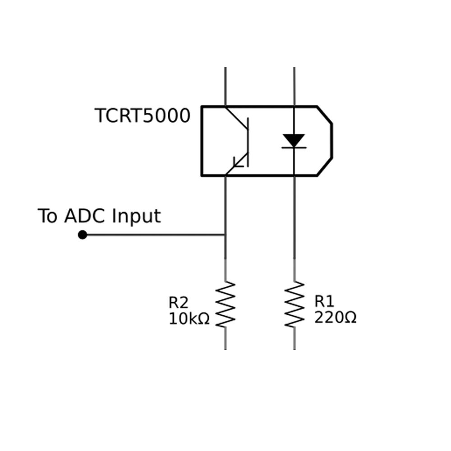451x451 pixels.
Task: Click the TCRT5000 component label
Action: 143,116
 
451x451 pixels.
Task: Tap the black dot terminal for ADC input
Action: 83,235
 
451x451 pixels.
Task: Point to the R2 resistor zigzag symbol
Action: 225,304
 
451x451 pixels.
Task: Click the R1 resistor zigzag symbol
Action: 295,304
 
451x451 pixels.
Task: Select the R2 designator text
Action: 179,302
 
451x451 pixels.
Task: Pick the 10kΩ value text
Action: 189,319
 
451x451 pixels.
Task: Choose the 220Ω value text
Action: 335,318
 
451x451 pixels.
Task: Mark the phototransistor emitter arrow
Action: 238,162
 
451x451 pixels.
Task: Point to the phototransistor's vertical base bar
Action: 248,142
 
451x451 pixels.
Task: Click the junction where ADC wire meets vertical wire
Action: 225,235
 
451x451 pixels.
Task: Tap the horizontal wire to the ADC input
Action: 153,235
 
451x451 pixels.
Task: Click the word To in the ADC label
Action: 48,216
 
